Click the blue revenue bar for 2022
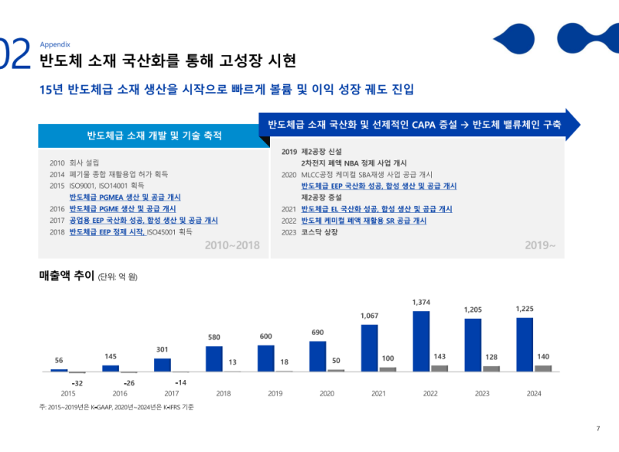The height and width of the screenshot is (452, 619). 421,341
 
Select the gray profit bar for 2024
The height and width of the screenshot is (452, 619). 544,368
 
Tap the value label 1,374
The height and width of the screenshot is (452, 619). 421,302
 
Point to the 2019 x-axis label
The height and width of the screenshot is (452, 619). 275,394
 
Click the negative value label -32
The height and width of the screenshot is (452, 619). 77,383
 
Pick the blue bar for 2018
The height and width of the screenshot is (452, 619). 214,358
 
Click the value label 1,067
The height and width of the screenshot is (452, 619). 370,316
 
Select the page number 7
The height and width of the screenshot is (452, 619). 597,430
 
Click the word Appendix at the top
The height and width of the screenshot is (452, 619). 55,44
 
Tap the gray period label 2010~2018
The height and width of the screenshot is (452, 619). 232,245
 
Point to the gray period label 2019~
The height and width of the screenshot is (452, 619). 540,245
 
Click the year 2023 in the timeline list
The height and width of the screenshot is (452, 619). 289,232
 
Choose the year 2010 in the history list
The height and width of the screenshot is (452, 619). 56,163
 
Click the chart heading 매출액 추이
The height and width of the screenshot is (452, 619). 67,276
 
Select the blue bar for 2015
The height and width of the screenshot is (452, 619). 60,371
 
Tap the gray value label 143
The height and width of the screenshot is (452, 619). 439,356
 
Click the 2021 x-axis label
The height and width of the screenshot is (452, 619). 378,394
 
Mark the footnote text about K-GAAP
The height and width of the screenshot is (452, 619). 116,407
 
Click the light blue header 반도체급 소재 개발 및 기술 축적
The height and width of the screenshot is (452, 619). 154,136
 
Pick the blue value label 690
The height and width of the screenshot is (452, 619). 317,332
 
